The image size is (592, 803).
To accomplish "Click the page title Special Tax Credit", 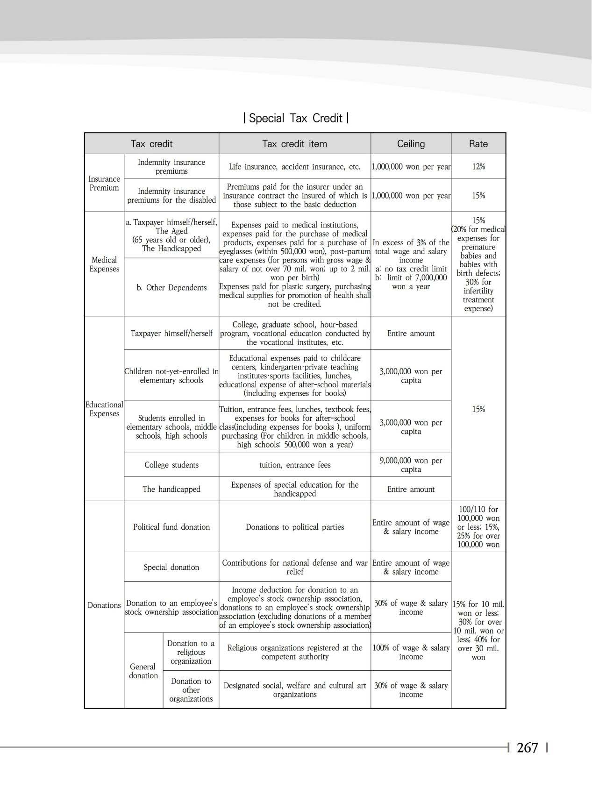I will [x=295, y=118].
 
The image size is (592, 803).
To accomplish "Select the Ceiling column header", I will [x=411, y=144].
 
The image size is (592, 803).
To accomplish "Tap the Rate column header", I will [x=478, y=144].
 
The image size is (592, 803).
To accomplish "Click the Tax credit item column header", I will [x=294, y=144].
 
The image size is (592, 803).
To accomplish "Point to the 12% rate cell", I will [x=478, y=166].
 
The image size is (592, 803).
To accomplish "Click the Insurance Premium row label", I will [x=104, y=183].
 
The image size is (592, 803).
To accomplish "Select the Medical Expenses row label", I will [x=104, y=264].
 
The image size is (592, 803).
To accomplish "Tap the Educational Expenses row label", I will [x=104, y=409].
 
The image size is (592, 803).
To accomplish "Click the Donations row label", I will [x=104, y=605].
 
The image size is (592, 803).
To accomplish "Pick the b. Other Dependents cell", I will [x=171, y=287].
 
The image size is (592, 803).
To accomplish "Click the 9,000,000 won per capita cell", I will [x=411, y=465].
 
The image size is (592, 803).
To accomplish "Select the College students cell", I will [x=171, y=465].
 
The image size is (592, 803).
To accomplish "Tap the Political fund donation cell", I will [x=171, y=527].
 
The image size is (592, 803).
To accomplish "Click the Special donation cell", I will [x=171, y=567].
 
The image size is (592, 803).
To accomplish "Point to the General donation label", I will [x=143, y=671].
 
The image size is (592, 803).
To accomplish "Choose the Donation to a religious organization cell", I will [x=191, y=652].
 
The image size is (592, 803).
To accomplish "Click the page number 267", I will [x=528, y=748].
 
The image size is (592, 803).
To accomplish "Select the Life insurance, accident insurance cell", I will [x=294, y=166].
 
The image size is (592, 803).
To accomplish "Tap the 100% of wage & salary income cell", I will [x=411, y=652].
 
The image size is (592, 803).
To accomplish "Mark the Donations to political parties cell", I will [x=294, y=527].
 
